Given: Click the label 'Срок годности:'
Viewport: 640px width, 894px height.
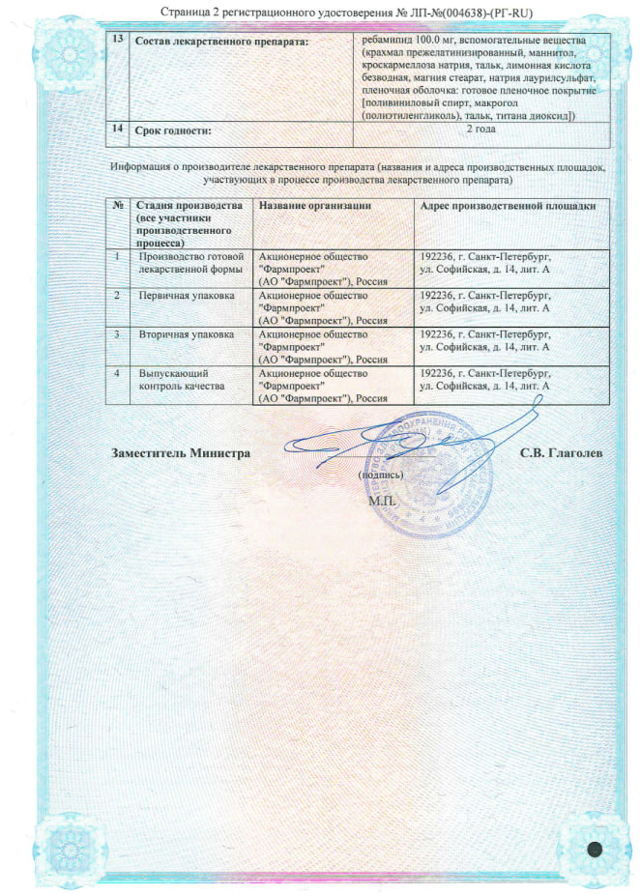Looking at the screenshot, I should (x=173, y=130).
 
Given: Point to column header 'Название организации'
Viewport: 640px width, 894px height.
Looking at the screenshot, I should (x=315, y=206).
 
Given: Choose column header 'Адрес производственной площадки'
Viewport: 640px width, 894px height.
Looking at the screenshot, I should (x=509, y=206).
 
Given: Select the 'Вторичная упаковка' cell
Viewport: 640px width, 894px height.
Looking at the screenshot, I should (x=188, y=334).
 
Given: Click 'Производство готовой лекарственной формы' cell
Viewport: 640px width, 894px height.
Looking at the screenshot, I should (x=190, y=263).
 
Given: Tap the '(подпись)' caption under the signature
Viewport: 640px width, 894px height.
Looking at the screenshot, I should (x=382, y=476).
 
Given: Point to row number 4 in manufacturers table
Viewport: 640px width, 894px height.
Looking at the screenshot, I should (x=118, y=372).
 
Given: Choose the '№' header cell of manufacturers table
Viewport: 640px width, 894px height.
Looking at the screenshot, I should (x=118, y=206).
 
